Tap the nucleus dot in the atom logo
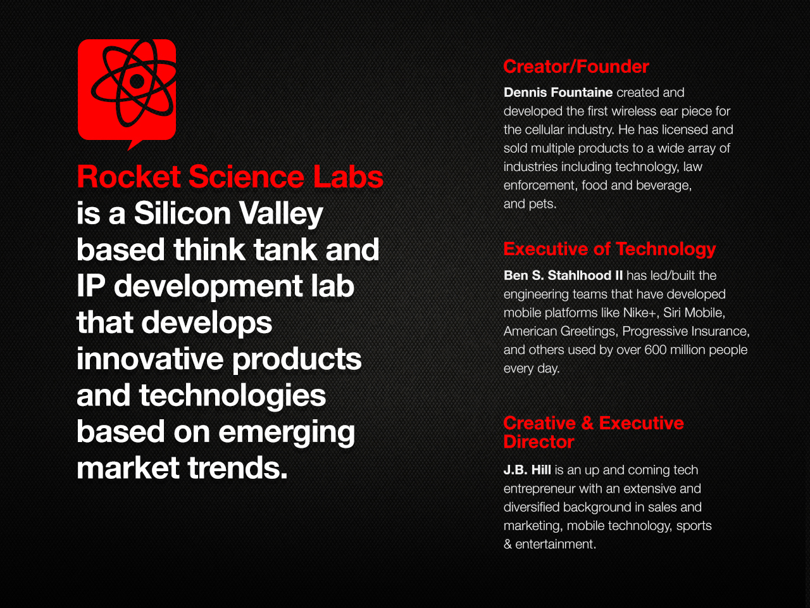137,81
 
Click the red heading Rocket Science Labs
230,177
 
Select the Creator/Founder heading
576,67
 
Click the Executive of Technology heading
609,250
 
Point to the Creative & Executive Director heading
594,433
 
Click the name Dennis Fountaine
558,92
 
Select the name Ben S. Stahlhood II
563,275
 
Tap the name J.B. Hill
527,470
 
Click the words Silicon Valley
228,213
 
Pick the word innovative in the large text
149,358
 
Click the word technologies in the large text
232,396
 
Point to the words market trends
182,468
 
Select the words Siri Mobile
694,313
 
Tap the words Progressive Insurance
685,331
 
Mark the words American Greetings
561,331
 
